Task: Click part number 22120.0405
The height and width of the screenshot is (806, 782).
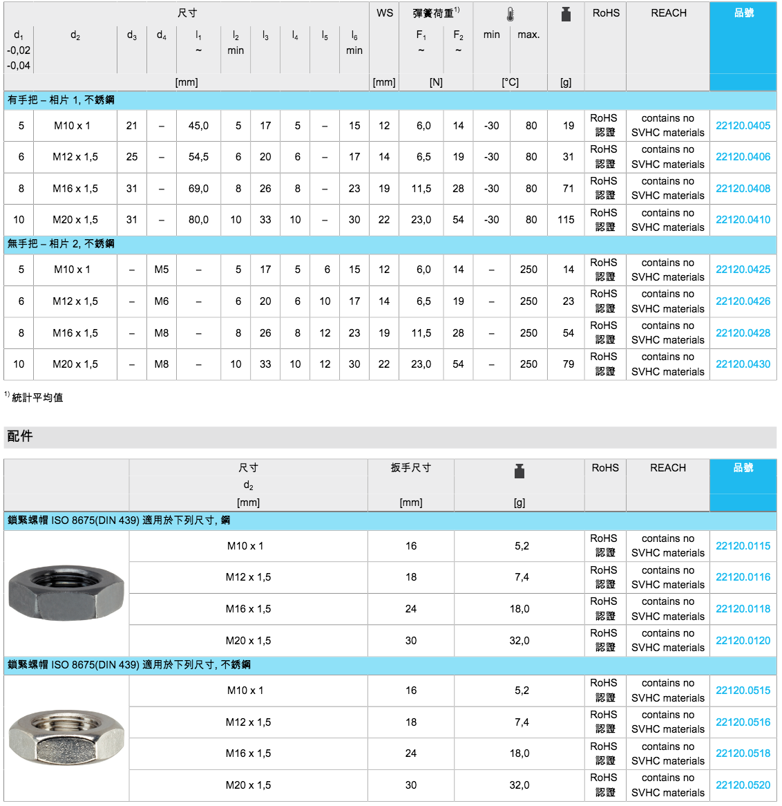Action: (743, 126)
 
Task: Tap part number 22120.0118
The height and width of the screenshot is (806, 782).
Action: (743, 609)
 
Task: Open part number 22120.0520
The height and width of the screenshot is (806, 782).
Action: (743, 785)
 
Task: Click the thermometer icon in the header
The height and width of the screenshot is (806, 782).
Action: (510, 15)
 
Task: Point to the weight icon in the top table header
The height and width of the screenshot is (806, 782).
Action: (566, 15)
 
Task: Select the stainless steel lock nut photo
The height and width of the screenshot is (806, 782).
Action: (66, 737)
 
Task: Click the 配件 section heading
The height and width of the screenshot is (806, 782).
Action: (20, 436)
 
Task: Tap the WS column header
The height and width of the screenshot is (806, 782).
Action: (385, 13)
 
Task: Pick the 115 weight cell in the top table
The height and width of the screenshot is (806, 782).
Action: (566, 220)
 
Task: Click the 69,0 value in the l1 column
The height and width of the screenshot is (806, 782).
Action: (198, 189)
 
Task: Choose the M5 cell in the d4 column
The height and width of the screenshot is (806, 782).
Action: (161, 270)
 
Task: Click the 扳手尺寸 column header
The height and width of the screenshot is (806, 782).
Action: (410, 468)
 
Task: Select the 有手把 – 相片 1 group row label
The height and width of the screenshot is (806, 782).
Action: (61, 100)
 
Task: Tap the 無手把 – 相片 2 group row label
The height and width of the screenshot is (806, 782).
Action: (61, 244)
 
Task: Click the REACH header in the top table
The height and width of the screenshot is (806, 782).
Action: (668, 13)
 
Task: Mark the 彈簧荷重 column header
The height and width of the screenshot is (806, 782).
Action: (434, 13)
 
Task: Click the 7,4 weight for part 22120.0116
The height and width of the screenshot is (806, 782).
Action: (522, 577)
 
